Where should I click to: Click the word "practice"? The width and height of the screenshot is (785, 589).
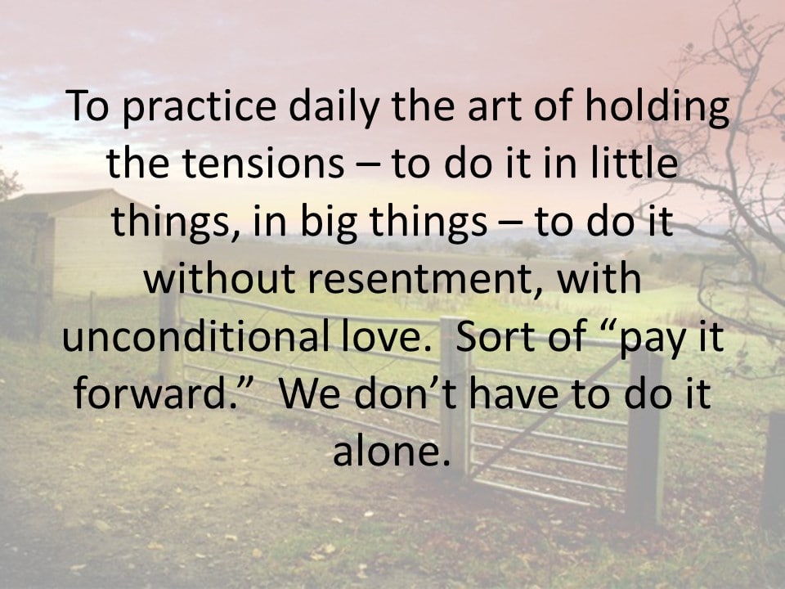[200, 106]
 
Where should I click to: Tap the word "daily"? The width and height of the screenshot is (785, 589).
[334, 106]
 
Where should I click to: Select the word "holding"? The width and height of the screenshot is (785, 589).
[657, 106]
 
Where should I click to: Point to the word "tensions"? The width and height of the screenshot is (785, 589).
[262, 164]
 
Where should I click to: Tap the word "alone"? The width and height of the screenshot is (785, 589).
[388, 450]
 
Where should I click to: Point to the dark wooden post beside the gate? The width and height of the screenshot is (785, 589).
[645, 437]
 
